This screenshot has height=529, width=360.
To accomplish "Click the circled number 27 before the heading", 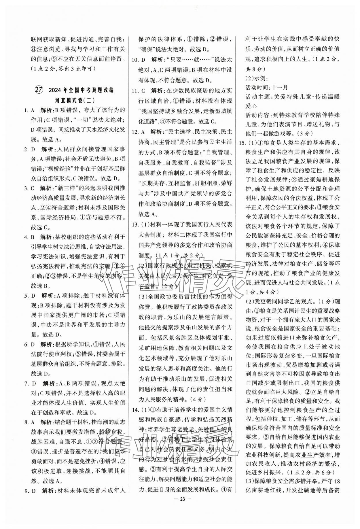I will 38,90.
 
